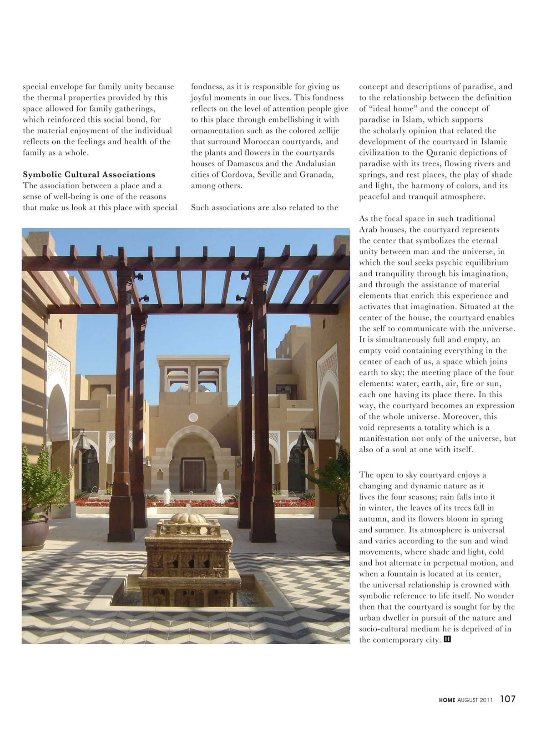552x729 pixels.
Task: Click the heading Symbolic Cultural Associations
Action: [x=89, y=174]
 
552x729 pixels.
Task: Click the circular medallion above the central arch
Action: [x=193, y=418]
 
